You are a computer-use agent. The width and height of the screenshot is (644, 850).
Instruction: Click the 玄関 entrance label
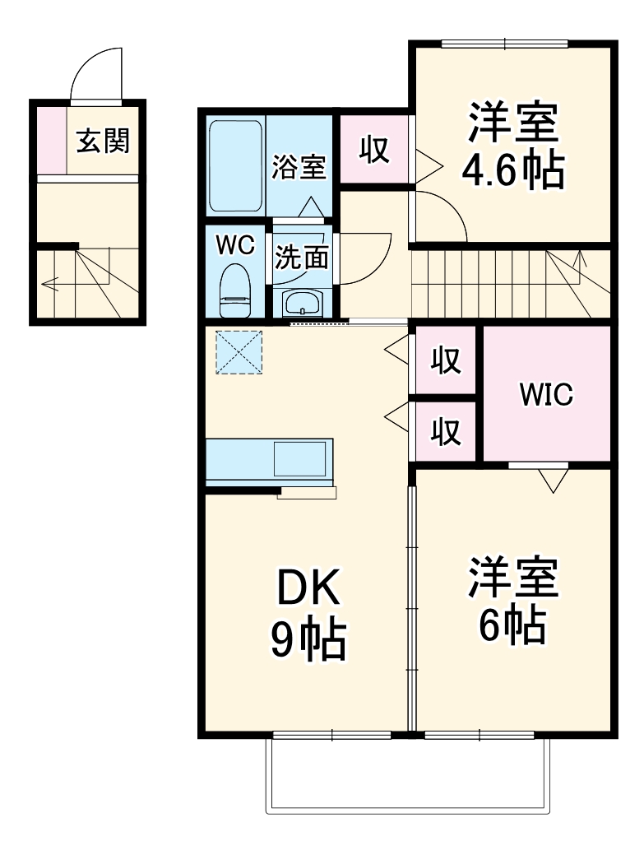pyautogui.click(x=104, y=142)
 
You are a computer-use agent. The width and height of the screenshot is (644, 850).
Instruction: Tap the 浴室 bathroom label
pyautogui.click(x=299, y=167)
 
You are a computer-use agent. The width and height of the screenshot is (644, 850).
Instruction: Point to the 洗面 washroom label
pyautogui.click(x=301, y=258)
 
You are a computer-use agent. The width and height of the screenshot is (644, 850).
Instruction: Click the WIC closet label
pyautogui.click(x=545, y=395)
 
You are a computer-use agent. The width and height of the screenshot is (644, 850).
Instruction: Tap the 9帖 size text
pyautogui.click(x=308, y=640)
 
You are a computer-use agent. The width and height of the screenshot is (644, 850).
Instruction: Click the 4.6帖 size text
pyautogui.click(x=513, y=170)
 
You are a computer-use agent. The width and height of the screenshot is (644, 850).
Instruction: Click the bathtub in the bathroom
pyautogui.click(x=235, y=167)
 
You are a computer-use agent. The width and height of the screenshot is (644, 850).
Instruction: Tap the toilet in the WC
pyautogui.click(x=235, y=290)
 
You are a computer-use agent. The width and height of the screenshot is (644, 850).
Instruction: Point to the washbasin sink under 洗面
pyautogui.click(x=303, y=302)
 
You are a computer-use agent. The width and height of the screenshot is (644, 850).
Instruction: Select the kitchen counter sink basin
pyautogui.click(x=301, y=458)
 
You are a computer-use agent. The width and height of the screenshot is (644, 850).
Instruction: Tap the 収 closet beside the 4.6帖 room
pyautogui.click(x=374, y=150)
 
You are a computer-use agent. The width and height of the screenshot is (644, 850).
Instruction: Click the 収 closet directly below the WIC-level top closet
pyautogui.click(x=446, y=430)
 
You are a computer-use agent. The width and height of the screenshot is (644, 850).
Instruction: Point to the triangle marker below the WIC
pyautogui.click(x=553, y=481)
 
